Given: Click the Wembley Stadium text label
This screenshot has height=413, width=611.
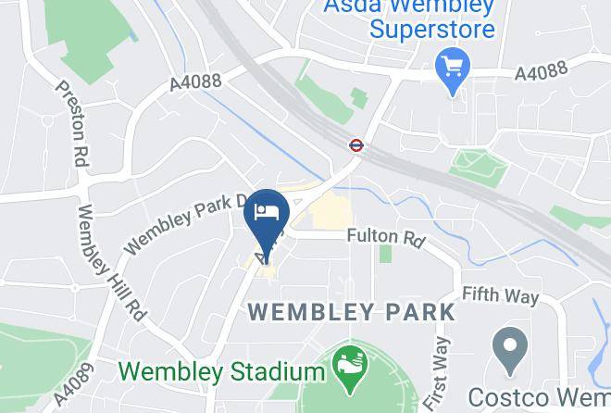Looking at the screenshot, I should (x=220, y=372).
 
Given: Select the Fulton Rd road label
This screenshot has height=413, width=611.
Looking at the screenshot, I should (x=385, y=238).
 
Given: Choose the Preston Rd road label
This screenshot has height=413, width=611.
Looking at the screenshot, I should (x=72, y=123).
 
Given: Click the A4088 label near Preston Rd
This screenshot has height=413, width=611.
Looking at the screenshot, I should (x=195, y=82).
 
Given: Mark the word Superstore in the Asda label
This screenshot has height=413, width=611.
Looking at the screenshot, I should (x=432, y=28).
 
